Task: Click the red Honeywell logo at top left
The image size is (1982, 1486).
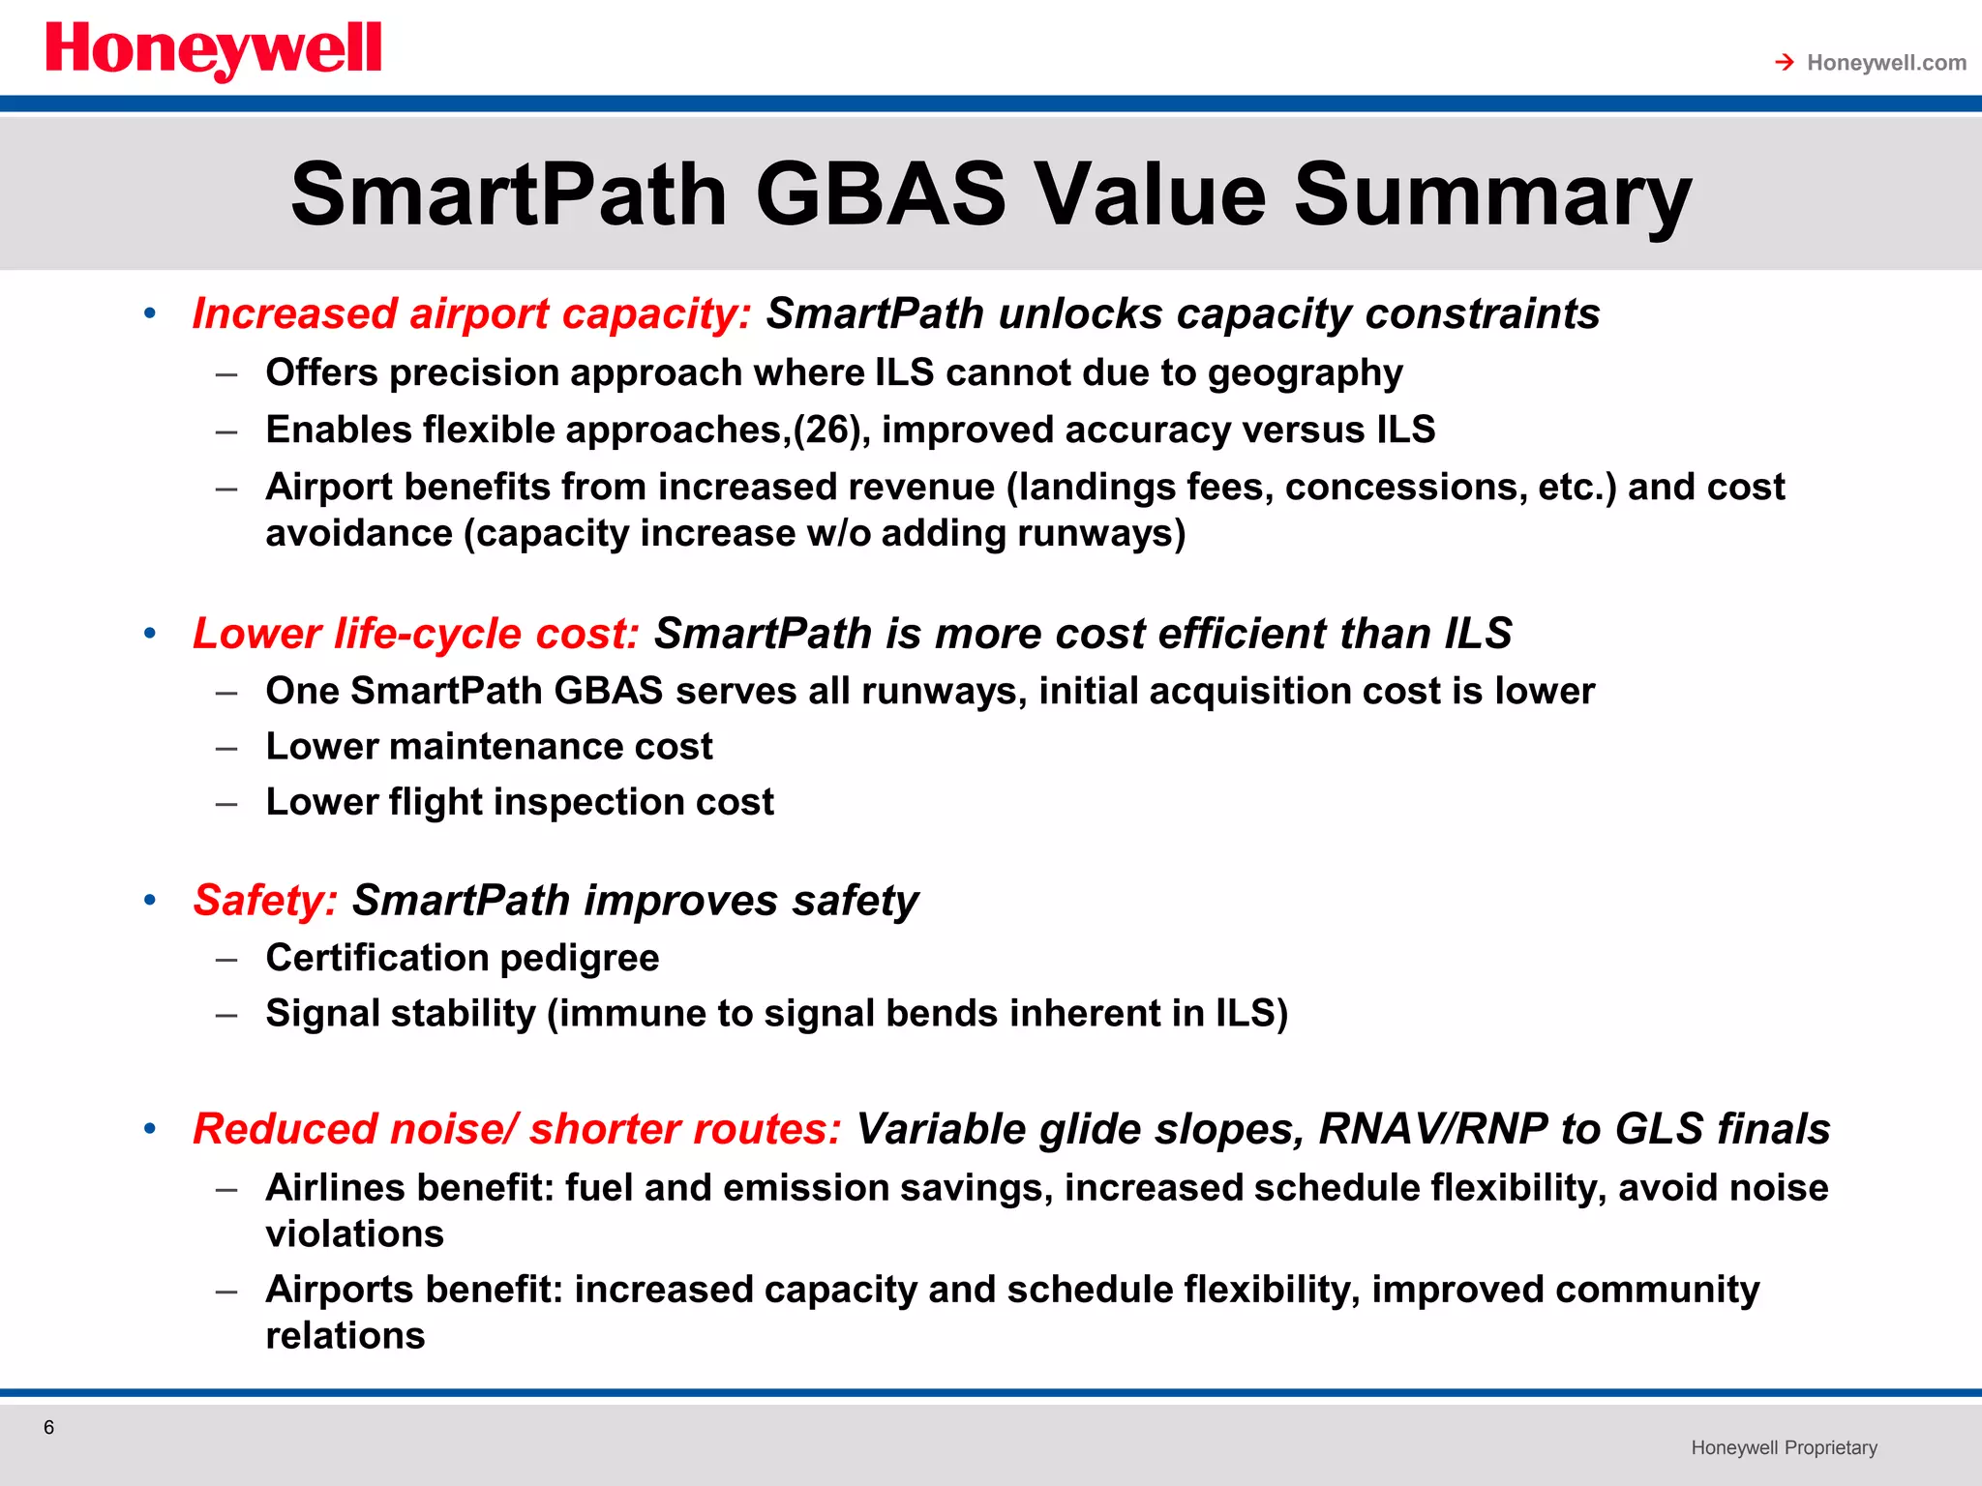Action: (213, 50)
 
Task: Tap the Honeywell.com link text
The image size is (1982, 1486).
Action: (1886, 63)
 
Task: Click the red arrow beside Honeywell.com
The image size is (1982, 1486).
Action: (1785, 63)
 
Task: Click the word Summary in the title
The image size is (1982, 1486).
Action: (1491, 194)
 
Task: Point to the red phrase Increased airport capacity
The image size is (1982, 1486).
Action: (471, 314)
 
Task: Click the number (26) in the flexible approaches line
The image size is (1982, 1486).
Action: (827, 430)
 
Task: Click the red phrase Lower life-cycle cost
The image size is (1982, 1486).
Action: (416, 634)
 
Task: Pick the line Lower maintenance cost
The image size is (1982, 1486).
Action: (489, 747)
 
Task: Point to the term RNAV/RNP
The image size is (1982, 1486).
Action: (1432, 1129)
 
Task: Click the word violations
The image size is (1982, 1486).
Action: (354, 1234)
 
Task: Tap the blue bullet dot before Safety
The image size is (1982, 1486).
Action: (150, 901)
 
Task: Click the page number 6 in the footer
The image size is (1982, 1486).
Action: (49, 1427)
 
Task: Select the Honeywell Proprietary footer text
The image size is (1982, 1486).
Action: (1784, 1447)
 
